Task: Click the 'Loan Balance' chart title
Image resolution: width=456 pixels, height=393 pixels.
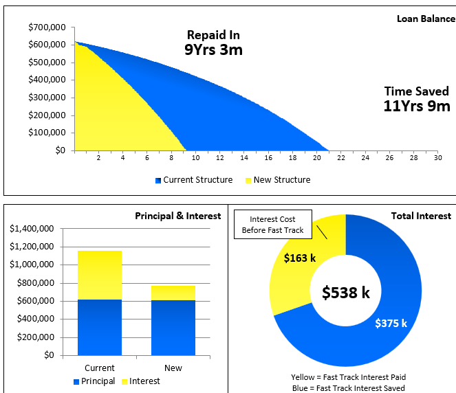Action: [426, 19]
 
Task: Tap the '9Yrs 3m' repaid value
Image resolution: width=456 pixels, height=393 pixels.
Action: [213, 49]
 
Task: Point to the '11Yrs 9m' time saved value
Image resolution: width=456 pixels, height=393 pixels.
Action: [417, 106]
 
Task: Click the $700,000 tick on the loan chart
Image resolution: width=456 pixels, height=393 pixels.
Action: [47, 27]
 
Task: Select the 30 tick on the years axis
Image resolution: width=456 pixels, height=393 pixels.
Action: [437, 158]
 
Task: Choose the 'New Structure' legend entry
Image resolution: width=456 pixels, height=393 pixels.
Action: [277, 180]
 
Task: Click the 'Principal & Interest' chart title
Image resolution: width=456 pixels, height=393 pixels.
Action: [177, 216]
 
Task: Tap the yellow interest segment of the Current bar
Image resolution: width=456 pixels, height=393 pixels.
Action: [99, 275]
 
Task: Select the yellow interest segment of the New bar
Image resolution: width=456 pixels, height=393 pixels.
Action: [173, 293]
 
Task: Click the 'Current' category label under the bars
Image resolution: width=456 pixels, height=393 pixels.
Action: [99, 368]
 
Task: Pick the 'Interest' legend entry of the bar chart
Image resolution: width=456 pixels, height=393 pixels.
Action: [144, 381]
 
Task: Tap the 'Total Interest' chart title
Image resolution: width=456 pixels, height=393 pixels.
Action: [421, 216]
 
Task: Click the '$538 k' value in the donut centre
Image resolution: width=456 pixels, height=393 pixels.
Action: [346, 292]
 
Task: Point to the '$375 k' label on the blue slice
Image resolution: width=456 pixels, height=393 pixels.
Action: [391, 324]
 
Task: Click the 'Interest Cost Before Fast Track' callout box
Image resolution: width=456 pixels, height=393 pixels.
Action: [272, 225]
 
